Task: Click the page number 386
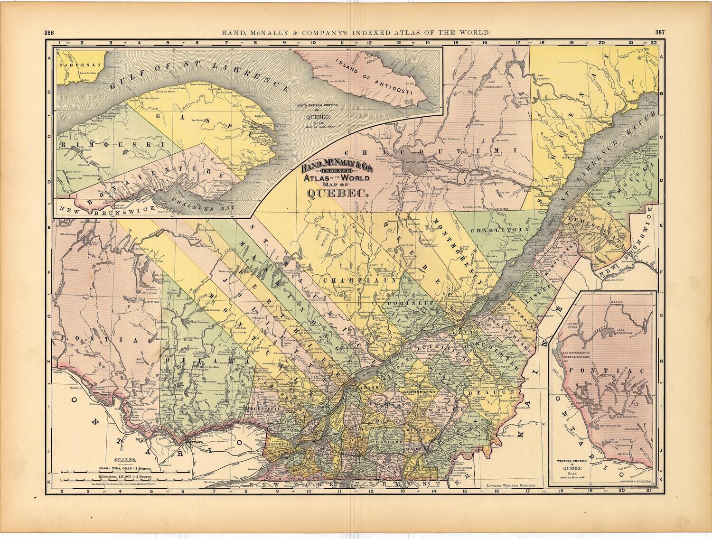tap(48, 33)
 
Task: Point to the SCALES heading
tap(124, 460)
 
